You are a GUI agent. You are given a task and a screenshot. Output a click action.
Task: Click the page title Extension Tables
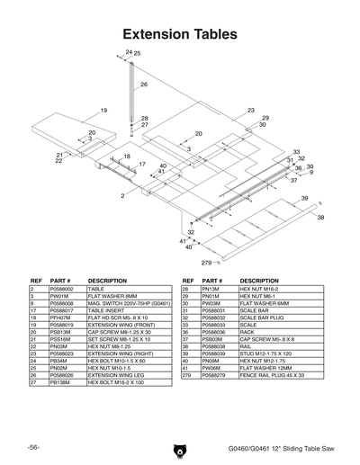180,33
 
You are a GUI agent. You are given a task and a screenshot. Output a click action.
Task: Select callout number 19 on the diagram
103,110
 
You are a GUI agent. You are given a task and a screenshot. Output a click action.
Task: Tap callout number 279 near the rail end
205,262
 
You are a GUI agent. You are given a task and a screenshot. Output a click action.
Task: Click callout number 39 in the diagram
304,198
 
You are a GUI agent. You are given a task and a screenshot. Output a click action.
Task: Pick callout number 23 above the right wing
252,110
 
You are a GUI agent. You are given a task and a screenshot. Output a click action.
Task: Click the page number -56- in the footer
32,447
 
